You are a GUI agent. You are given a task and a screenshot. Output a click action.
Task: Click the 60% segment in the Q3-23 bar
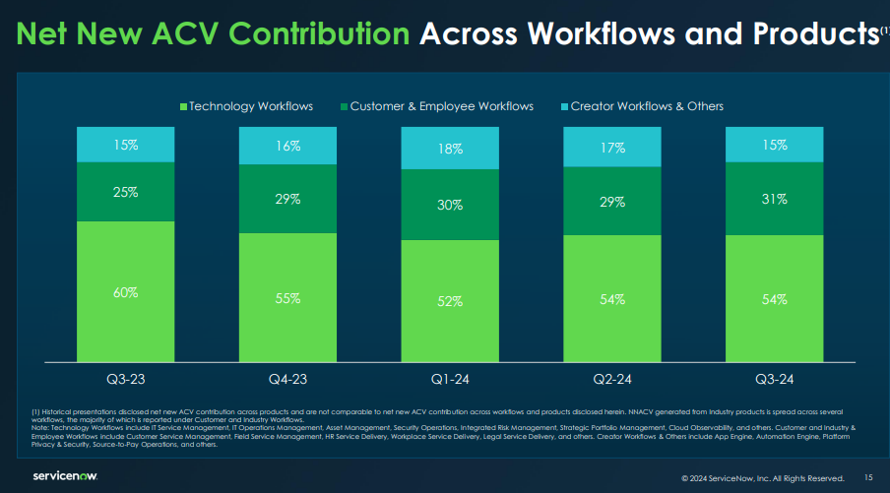pos(126,292)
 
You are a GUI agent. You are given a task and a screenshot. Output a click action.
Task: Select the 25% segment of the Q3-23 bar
pos(126,192)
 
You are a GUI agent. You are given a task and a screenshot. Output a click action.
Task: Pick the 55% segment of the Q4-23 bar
pos(287,298)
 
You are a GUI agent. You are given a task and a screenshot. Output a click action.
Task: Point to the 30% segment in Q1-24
pos(450,205)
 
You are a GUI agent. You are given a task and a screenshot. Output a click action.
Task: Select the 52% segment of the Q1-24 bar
pos(450,302)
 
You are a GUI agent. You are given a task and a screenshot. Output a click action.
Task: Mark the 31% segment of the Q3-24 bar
pos(774,199)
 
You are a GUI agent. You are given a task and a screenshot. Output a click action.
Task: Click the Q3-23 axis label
pos(126,377)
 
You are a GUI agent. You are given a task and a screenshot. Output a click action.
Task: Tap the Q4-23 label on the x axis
pos(287,377)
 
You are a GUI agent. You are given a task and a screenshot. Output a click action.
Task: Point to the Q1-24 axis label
pos(450,377)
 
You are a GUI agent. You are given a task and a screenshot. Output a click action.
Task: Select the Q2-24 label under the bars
pos(611,377)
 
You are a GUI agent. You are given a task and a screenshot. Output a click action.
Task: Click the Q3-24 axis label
pos(774,377)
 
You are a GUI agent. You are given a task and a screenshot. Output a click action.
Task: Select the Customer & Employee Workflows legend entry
pos(436,105)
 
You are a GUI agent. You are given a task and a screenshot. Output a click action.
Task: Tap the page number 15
pos(867,477)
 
